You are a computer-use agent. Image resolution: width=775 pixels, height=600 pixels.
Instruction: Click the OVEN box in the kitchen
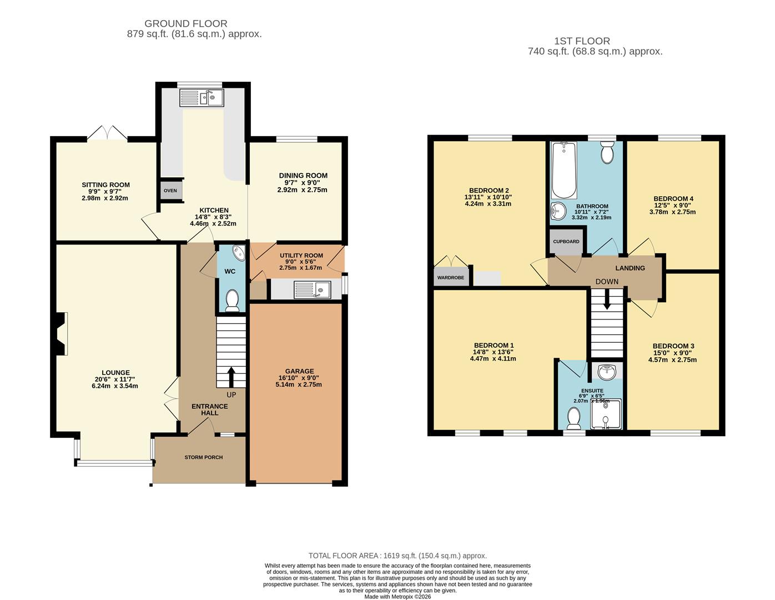point(171,190)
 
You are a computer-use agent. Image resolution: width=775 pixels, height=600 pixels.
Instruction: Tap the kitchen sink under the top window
point(202,98)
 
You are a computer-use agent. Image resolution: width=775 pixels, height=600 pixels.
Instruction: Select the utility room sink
point(313,289)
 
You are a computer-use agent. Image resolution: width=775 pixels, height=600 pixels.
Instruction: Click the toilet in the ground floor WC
point(232,301)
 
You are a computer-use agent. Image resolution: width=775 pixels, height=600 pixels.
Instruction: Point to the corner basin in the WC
point(238,253)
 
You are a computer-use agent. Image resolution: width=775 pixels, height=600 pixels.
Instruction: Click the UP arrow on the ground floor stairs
point(231,377)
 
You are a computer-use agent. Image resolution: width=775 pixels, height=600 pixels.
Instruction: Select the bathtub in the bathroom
point(564,170)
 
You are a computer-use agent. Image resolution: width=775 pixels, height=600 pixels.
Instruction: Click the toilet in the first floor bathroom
point(607,152)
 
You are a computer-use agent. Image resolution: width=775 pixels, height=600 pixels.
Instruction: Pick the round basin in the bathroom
point(558,211)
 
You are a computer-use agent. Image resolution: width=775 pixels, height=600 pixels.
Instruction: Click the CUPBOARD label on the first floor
point(566,242)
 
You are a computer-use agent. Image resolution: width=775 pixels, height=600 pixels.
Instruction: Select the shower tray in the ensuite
point(606,414)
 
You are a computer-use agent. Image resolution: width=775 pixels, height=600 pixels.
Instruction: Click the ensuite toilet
point(574,419)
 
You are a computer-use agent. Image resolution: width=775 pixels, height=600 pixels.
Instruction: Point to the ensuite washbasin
point(607,372)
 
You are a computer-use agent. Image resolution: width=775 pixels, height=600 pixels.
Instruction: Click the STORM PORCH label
point(204,457)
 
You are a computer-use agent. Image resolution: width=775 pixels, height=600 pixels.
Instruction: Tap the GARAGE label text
point(300,371)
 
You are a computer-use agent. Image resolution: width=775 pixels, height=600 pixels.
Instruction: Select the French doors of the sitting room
point(107,133)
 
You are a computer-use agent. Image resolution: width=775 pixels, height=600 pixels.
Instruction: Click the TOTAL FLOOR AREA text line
point(397,556)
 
